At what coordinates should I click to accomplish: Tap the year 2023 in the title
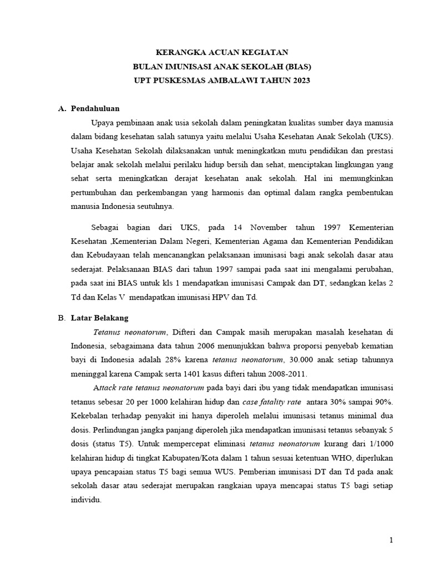click(299, 81)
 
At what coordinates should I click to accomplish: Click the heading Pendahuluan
click(95, 108)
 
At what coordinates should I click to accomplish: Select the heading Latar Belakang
click(99, 318)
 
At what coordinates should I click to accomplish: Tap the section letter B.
click(62, 318)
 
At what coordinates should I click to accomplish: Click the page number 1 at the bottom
click(391, 540)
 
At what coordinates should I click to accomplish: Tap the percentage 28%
click(172, 360)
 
